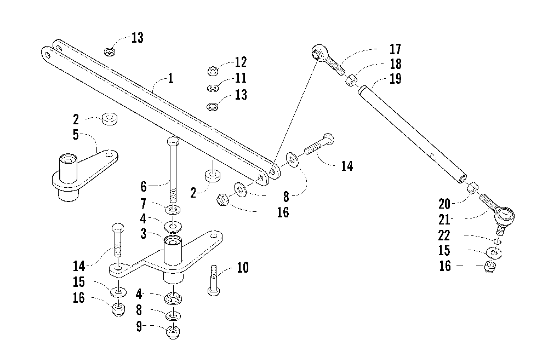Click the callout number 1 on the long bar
tap(170, 78)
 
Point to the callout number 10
tap(242, 268)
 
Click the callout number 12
tap(241, 62)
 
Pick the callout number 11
tap(241, 78)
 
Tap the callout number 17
tap(395, 49)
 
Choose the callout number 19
tap(395, 79)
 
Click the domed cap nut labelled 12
tap(213, 71)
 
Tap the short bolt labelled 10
tap(213, 280)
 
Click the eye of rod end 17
tap(318, 53)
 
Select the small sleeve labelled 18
tap(352, 82)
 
